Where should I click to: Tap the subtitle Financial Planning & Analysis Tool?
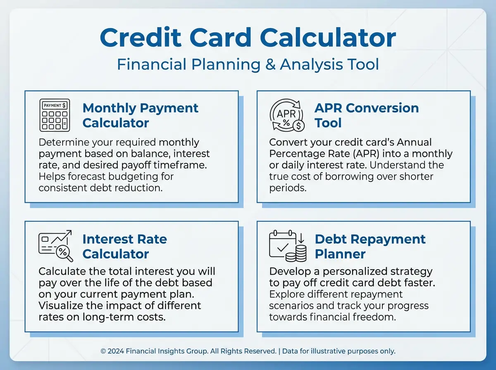point(248,65)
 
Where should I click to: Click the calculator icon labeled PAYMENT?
point(54,115)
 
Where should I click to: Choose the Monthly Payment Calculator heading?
point(140,115)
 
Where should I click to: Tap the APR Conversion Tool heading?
point(366,115)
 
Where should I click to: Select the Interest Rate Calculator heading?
point(124,246)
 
